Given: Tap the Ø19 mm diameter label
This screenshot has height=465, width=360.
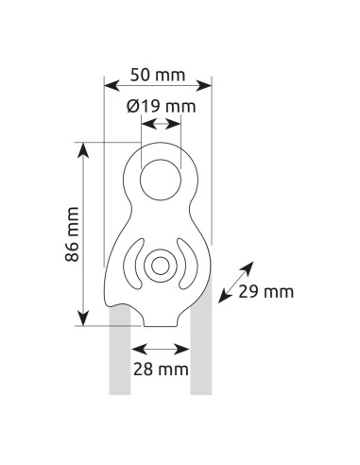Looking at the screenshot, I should (161, 106).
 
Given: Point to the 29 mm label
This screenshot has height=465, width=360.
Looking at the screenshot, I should (266, 292).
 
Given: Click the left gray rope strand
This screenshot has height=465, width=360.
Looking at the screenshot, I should (120, 359).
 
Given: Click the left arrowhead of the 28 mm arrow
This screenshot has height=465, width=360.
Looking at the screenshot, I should (136, 346).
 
